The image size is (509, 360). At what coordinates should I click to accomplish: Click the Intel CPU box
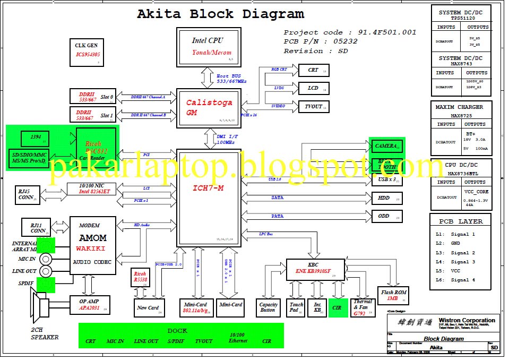click(208, 47)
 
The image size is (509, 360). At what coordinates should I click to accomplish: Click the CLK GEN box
click(86, 52)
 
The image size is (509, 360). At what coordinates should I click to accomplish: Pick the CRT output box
click(314, 70)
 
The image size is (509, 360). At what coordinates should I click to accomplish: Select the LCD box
click(314, 88)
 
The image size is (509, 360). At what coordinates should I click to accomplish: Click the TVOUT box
click(314, 106)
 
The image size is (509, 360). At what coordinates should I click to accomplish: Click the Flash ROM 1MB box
click(393, 295)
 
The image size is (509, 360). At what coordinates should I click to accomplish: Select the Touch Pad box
click(296, 307)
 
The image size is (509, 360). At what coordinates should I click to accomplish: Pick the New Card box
click(148, 307)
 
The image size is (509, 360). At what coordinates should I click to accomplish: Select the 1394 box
click(35, 139)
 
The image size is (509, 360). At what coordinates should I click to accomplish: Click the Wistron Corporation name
click(468, 321)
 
